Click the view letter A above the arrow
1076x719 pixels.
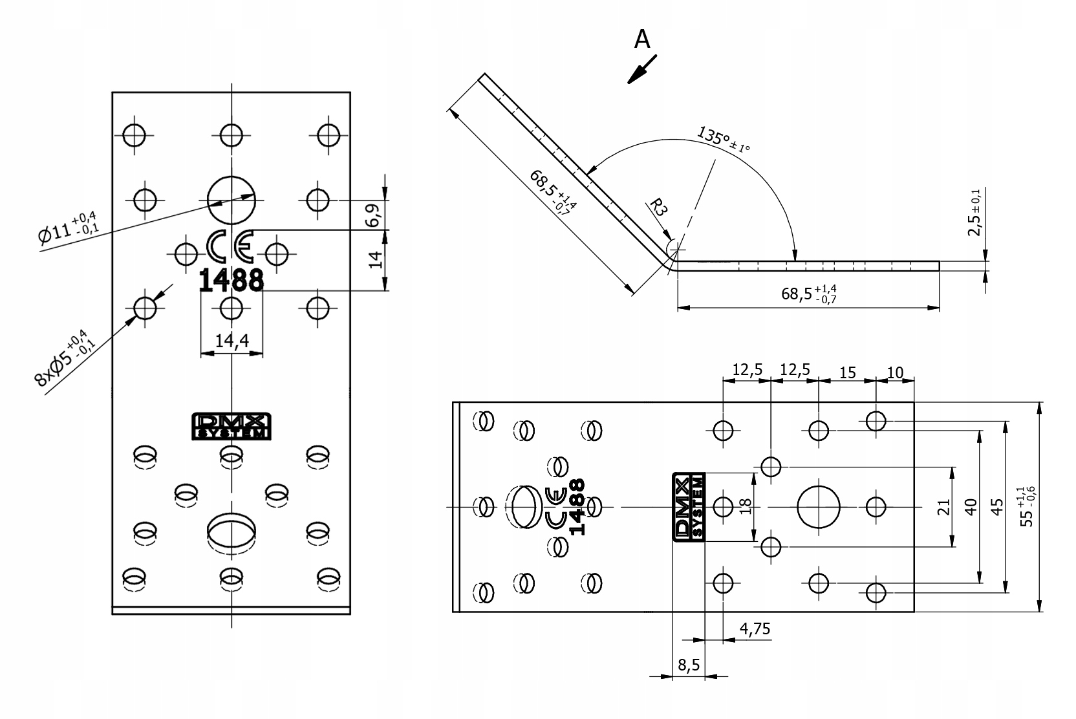click(x=641, y=39)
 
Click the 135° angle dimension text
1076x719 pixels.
click(x=723, y=139)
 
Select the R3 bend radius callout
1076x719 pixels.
click(x=658, y=208)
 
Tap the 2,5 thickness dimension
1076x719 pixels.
click(x=974, y=212)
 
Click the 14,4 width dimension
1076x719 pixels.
click(x=232, y=341)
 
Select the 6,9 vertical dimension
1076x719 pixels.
click(x=373, y=215)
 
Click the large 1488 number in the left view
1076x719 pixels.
click(x=231, y=281)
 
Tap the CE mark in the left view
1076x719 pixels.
click(x=230, y=246)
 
